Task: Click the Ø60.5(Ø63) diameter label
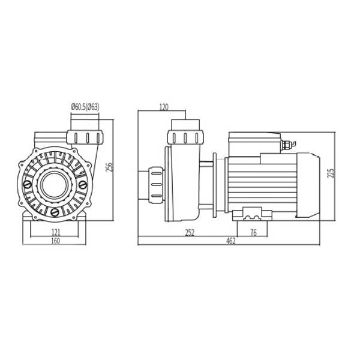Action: pyautogui.click(x=85, y=107)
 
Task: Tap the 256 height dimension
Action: pyautogui.click(x=110, y=168)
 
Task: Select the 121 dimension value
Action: pyautogui.click(x=56, y=233)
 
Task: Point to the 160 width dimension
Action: pyautogui.click(x=56, y=241)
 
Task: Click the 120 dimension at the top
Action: pyautogui.click(x=164, y=107)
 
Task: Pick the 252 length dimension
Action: pyautogui.click(x=190, y=233)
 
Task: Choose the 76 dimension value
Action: pyautogui.click(x=253, y=233)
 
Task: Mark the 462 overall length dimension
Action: pyautogui.click(x=231, y=241)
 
